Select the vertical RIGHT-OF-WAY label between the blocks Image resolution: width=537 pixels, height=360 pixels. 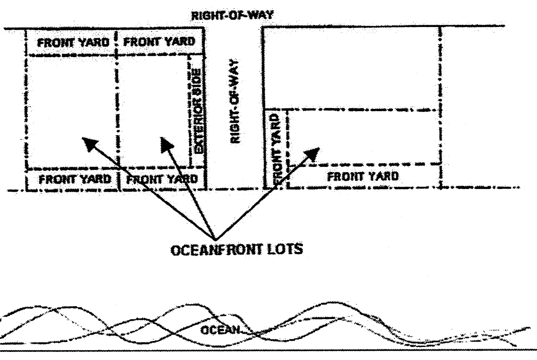pyautogui.click(x=234, y=102)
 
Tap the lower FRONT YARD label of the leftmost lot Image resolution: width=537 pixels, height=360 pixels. pyautogui.click(x=74, y=178)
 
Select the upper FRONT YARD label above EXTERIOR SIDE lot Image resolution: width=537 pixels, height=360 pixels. pyautogui.click(x=159, y=42)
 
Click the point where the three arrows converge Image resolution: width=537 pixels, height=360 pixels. pyautogui.click(x=215, y=238)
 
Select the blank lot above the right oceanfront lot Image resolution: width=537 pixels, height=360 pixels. pyautogui.click(x=350, y=67)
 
